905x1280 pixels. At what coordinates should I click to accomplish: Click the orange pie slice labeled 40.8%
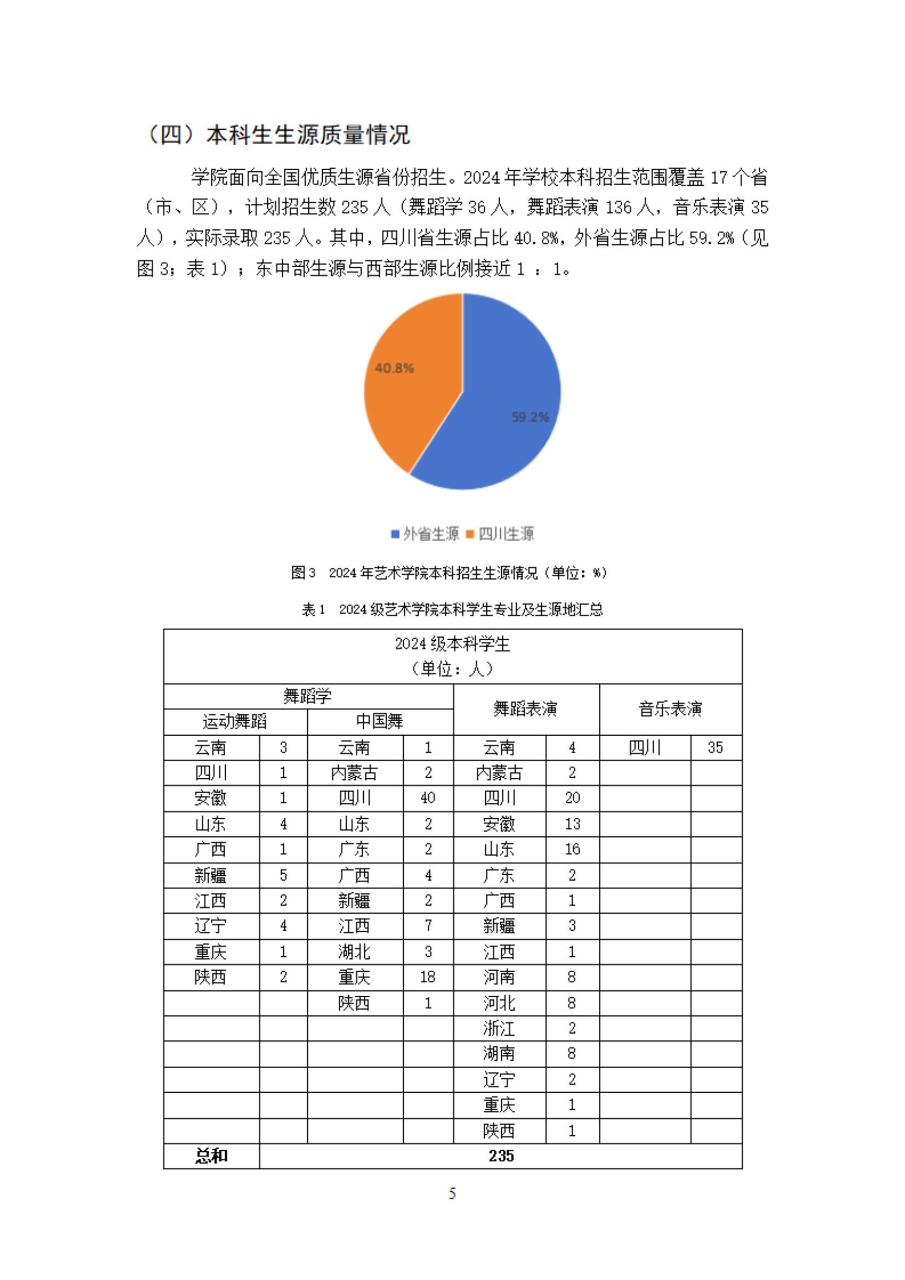(413, 384)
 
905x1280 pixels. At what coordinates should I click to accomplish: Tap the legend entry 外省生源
(426, 534)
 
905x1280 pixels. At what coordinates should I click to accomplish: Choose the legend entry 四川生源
(501, 534)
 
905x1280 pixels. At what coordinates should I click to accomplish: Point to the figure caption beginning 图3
(449, 572)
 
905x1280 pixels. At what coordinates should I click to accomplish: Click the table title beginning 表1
(452, 610)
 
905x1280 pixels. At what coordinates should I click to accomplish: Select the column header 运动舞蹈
(235, 721)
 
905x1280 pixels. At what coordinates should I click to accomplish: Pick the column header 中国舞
(380, 721)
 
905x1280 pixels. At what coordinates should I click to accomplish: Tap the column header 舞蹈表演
(525, 709)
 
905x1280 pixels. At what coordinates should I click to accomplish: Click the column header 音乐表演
(670, 709)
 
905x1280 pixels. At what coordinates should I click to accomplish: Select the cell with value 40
(428, 798)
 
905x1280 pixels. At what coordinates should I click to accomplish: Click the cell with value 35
(715, 747)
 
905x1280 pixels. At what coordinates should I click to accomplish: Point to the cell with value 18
(428, 977)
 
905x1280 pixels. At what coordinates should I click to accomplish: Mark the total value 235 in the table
(501, 1156)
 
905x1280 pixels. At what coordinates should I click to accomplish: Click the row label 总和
(211, 1156)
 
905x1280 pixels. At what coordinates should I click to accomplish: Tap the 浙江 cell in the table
(499, 1028)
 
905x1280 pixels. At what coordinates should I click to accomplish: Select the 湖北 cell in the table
(354, 951)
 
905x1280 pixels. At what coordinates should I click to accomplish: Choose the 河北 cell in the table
(499, 1003)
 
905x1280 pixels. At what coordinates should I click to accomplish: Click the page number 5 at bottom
(452, 1193)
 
